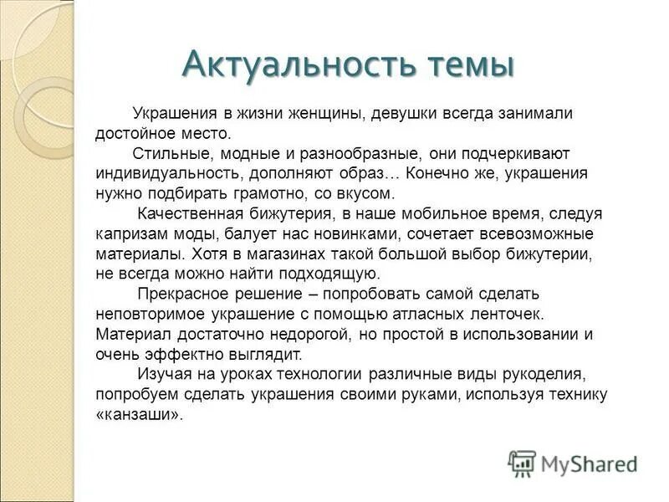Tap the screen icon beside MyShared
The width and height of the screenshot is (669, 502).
pyautogui.click(x=522, y=463)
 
